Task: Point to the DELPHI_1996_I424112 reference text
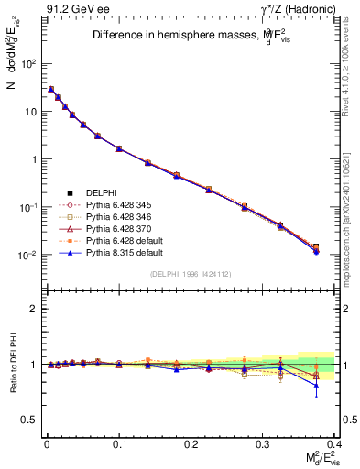(190, 275)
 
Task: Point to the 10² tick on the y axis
(28, 64)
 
